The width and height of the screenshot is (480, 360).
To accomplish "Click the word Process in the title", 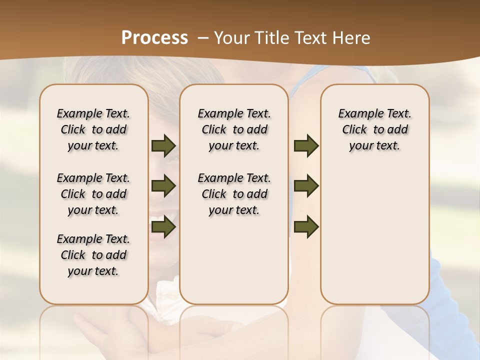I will coord(154,38).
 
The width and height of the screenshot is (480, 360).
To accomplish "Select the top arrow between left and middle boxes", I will coord(163,146).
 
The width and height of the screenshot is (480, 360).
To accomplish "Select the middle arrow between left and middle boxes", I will coord(163,186).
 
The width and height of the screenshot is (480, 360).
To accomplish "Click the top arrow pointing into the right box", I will coord(306,146).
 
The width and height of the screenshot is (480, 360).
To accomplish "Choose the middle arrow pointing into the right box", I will coord(306,186).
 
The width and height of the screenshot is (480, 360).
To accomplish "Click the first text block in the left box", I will coord(93,129).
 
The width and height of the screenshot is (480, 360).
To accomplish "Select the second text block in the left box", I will coord(93,194).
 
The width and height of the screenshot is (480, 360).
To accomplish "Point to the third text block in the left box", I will coord(93,255).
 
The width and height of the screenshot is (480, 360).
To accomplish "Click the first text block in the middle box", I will coord(234,129).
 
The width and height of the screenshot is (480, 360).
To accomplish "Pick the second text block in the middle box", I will coord(234,194).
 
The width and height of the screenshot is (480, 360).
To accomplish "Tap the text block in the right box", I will coord(375,129).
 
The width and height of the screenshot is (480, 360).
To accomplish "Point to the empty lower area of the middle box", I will coord(234,260).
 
